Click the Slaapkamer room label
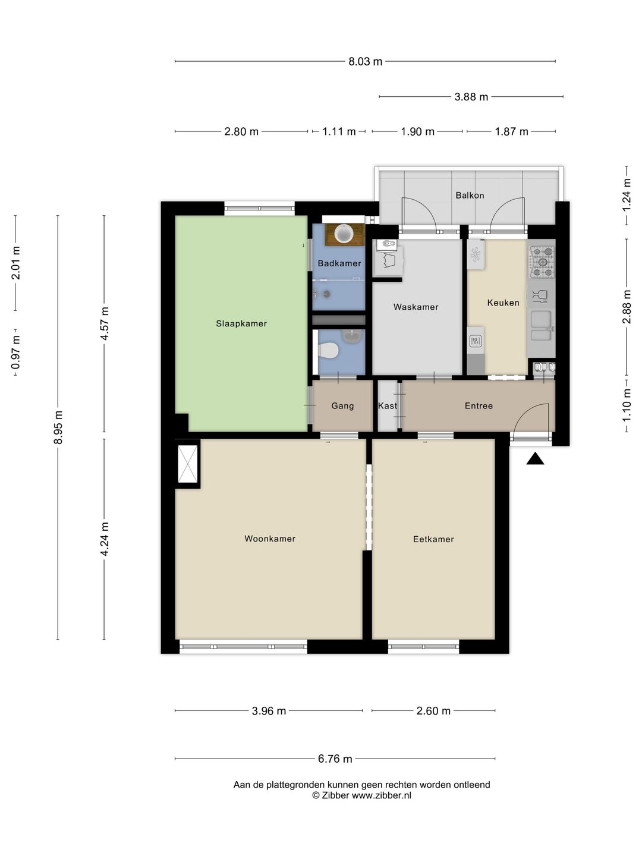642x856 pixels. point(241,323)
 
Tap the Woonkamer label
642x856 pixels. point(270,539)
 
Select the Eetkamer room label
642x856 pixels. point(433,539)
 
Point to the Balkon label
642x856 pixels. point(470,196)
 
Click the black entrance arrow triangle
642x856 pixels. point(535,458)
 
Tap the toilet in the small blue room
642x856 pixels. point(328,350)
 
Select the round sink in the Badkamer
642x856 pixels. point(344,234)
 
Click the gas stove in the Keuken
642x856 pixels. point(542,262)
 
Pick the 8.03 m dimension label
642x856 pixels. point(365,62)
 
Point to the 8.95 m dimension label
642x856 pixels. point(58,427)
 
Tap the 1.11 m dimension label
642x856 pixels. point(339,132)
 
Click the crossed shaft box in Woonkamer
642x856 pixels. point(188,464)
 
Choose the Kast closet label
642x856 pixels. point(388,405)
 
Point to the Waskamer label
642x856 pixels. point(416,307)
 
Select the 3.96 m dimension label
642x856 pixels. point(269,711)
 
